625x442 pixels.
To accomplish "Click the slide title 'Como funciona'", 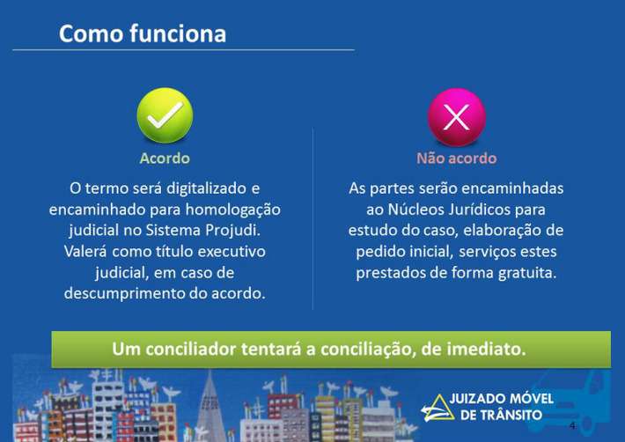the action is (143, 33).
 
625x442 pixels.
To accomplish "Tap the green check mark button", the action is (165, 115).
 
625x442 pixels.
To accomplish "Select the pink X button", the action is (456, 117).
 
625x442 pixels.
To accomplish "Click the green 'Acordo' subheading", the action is (165, 158).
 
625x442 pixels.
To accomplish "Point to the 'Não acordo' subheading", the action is (456, 158).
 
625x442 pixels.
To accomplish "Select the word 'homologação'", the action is (232, 210).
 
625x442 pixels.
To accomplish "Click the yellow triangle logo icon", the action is (437, 409).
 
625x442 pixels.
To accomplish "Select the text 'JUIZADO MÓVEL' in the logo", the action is (502, 399).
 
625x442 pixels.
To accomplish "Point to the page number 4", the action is (572, 425).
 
